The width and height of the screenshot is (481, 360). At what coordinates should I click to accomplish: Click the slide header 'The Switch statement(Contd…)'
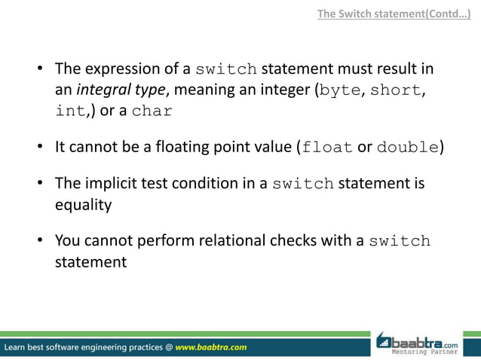click(x=398, y=13)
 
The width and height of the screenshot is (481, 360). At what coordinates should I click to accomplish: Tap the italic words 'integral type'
click(x=124, y=91)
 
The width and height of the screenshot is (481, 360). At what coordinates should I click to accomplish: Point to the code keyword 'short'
click(x=397, y=91)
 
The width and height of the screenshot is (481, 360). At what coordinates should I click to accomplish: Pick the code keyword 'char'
click(x=152, y=112)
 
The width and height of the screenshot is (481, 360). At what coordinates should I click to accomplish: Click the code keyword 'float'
click(x=326, y=147)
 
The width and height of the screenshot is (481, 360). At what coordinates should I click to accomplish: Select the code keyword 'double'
click(x=407, y=147)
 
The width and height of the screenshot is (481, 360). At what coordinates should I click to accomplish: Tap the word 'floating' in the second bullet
click(x=189, y=147)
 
